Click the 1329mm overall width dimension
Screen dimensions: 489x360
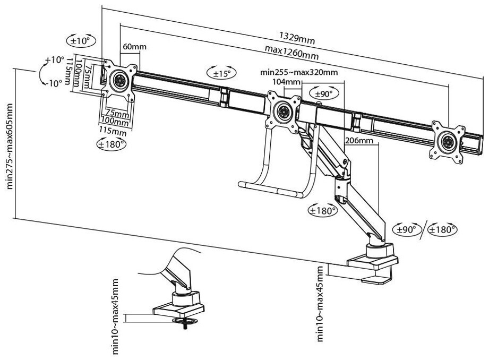[x=297, y=38]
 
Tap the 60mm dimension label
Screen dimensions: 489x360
[x=134, y=47]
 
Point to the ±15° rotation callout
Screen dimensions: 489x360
[x=221, y=73]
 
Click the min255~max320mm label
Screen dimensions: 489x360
[x=299, y=72]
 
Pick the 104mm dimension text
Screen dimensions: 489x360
[x=286, y=82]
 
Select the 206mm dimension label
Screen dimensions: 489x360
[x=359, y=140]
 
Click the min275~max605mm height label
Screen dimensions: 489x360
[x=10, y=146]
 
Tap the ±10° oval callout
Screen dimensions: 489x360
[x=81, y=40]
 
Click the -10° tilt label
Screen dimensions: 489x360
[x=54, y=83]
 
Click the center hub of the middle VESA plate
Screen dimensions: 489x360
[x=284, y=111]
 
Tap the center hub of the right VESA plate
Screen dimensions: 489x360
[x=448, y=141]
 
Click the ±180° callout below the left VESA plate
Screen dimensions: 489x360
[x=111, y=144]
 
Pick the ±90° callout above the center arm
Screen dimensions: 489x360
[x=324, y=93]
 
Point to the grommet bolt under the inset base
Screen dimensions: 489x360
[x=185, y=325]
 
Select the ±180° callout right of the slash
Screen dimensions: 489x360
[x=442, y=229]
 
